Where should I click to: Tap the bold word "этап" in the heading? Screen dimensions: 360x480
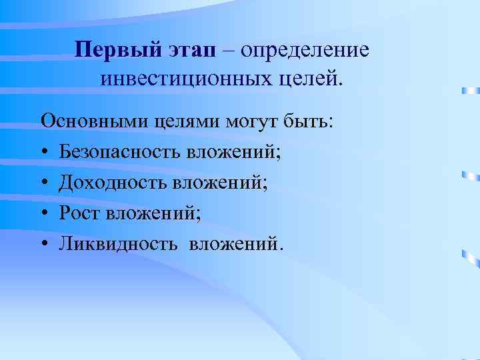pos(195,51)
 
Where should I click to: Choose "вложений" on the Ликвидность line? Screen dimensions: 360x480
pos(236,243)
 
